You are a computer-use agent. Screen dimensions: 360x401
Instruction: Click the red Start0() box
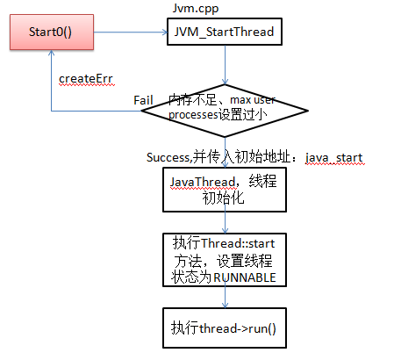(49, 33)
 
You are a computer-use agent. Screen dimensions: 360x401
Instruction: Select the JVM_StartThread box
(226, 33)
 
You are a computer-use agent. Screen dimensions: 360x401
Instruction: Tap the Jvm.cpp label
(195, 8)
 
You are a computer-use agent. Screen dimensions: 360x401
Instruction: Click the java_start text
(333, 157)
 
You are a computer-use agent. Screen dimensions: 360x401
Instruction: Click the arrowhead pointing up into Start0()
(50, 58)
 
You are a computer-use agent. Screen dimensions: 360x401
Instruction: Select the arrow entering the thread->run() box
(226, 299)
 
